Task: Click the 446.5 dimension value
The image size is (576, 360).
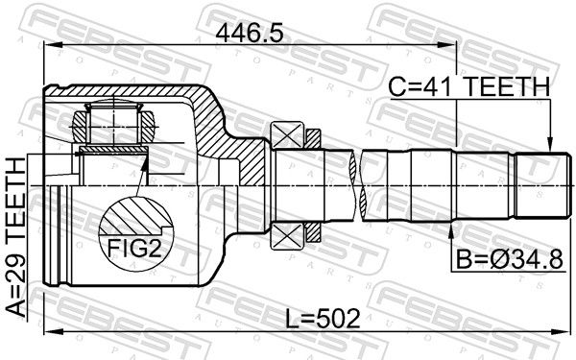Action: coord(250,35)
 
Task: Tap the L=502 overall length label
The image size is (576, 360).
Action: coord(323,318)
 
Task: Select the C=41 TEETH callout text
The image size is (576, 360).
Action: coord(469,87)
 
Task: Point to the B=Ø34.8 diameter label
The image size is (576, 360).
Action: coord(509,260)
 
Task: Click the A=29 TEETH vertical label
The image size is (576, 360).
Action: coord(15,237)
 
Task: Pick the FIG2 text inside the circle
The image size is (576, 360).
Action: coord(134,248)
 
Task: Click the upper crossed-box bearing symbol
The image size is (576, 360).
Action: coord(287,134)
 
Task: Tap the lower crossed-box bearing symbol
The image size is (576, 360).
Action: coord(287,235)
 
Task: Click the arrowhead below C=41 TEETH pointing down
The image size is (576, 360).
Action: coord(549,144)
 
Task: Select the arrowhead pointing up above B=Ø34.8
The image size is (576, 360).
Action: coord(451,228)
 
